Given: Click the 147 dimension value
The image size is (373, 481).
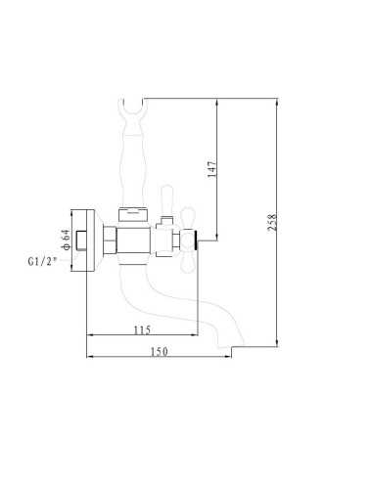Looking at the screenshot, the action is pyautogui.click(x=211, y=169).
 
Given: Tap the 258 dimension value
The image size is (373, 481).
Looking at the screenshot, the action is pyautogui.click(x=272, y=222).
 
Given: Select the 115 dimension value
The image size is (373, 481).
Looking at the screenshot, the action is pyautogui.click(x=142, y=329).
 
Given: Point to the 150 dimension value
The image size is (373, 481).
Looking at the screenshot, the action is pyautogui.click(x=159, y=352).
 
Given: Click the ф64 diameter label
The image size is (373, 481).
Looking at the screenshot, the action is pyautogui.click(x=66, y=240).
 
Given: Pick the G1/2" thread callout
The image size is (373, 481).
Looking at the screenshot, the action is pyautogui.click(x=42, y=261).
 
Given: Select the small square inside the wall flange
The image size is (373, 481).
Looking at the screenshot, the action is pyautogui.click(x=81, y=240).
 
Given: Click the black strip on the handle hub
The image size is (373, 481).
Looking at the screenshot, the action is pyautogui.click(x=196, y=241).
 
